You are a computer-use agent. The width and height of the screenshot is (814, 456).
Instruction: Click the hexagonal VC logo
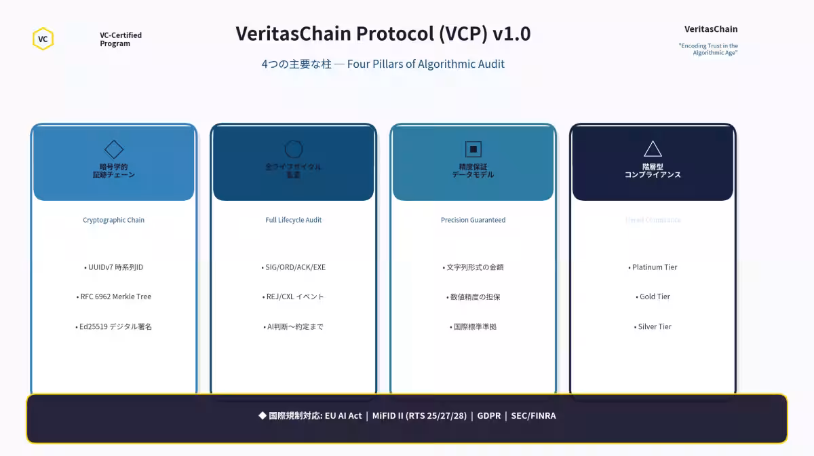point(43,39)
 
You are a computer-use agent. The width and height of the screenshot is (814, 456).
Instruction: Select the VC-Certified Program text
point(121,39)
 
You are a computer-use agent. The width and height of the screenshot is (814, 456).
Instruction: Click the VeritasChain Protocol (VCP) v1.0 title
point(383,33)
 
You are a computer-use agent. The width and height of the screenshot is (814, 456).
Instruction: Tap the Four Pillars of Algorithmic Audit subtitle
point(383,64)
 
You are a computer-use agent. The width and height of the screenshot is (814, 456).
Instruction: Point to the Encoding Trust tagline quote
point(708,49)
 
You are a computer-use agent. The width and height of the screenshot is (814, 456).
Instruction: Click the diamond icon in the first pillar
point(114,149)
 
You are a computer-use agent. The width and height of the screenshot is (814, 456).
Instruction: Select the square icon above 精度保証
point(473,149)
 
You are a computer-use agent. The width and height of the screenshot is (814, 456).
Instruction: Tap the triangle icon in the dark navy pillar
point(653,149)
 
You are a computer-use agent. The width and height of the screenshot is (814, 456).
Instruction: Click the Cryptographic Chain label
point(114,220)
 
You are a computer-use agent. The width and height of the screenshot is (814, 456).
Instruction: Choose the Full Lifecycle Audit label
point(294,220)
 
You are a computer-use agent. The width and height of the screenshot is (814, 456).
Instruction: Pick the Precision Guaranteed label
point(473,220)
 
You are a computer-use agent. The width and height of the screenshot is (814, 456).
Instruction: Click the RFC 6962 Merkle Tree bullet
point(114,297)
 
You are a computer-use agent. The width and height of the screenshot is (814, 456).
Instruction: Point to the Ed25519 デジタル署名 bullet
point(114,326)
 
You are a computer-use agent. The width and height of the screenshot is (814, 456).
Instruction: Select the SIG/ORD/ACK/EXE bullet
point(294,267)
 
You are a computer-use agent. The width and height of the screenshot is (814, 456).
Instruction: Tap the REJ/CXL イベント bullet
point(294,297)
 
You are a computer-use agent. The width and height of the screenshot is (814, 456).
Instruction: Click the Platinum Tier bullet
point(653,267)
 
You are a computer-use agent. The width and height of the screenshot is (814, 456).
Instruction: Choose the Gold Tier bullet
point(653,297)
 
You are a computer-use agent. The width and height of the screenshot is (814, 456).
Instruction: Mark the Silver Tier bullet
point(653,326)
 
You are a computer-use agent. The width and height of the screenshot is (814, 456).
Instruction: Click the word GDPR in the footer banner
point(489,415)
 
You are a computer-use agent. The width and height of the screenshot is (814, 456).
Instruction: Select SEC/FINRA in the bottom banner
point(534,415)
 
